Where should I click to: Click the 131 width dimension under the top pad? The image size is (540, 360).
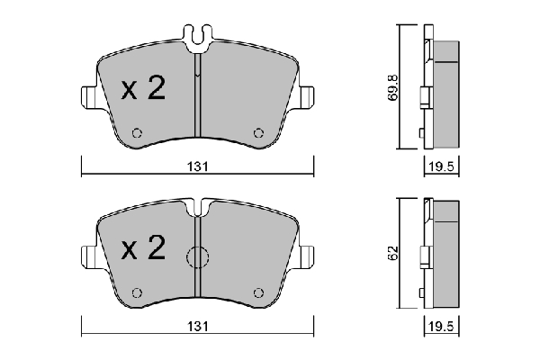pyautogui.click(x=198, y=166)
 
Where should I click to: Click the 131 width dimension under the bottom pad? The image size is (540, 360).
pyautogui.click(x=198, y=326)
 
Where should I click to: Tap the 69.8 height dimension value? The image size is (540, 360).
pyautogui.click(x=393, y=87)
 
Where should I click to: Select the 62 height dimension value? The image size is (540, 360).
pyautogui.click(x=393, y=253)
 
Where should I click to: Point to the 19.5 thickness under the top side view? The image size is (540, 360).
pyautogui.click(x=442, y=166)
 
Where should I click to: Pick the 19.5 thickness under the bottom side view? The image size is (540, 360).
pyautogui.click(x=442, y=326)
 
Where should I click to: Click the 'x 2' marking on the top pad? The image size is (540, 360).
pyautogui.click(x=143, y=88)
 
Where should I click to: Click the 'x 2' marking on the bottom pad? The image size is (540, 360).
pyautogui.click(x=143, y=247)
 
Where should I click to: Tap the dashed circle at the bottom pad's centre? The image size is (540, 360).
pyautogui.click(x=198, y=257)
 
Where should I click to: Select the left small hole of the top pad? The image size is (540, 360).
pyautogui.click(x=137, y=133)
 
